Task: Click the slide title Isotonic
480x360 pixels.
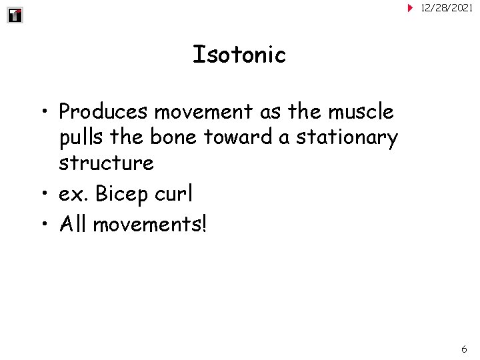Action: point(239,54)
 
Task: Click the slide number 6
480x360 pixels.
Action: point(464,349)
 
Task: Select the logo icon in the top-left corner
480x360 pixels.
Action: point(15,15)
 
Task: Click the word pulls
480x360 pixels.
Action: point(81,137)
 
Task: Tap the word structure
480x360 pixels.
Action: point(106,163)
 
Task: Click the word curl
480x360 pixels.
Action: point(175,193)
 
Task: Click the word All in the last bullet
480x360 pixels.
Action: point(73,224)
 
